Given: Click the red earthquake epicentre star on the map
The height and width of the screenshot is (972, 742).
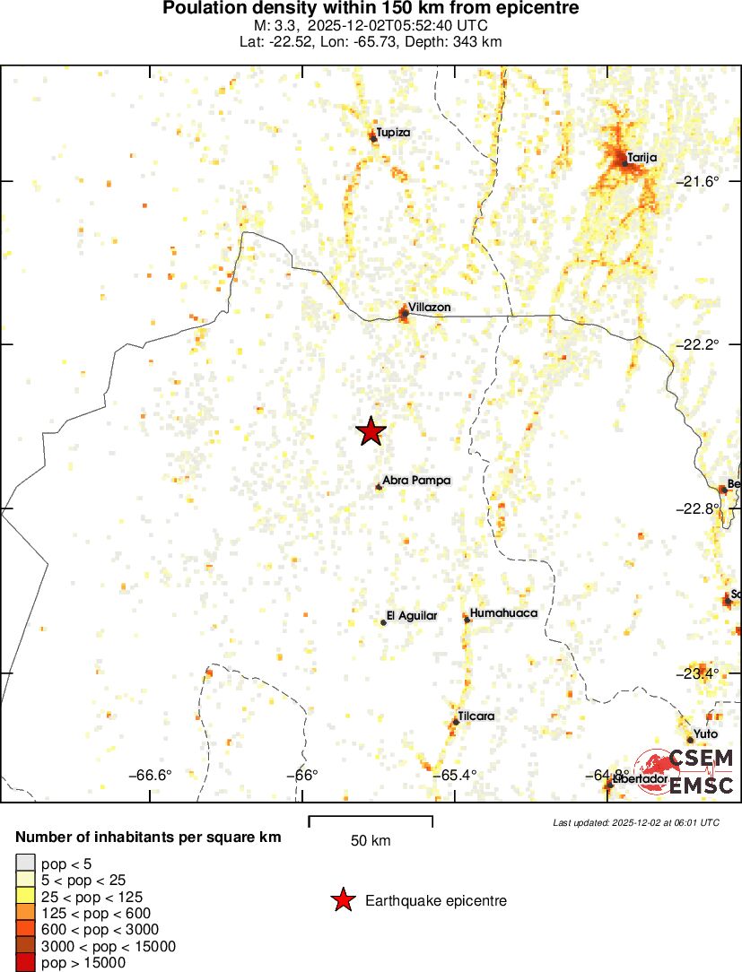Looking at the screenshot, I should click(x=371, y=431).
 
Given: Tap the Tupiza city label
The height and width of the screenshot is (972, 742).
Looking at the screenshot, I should click(x=393, y=133).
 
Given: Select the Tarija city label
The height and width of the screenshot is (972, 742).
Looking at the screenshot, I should click(x=642, y=158).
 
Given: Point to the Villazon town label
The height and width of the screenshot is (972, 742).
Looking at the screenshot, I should click(x=429, y=308).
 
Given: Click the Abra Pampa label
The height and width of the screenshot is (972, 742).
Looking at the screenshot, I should click(x=416, y=481).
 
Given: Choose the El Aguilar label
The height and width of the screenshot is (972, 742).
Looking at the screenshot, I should click(x=412, y=616).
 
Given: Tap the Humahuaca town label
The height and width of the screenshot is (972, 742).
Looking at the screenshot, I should click(x=503, y=613).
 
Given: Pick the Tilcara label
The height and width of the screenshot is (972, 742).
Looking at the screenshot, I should click(x=476, y=716).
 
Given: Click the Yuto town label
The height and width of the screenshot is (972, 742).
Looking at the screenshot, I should click(x=706, y=733).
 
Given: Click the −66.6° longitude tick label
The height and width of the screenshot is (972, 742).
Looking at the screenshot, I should click(x=151, y=776).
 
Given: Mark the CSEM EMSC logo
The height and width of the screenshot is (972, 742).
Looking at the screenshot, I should click(x=687, y=772).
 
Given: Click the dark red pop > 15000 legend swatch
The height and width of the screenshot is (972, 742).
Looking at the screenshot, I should click(x=26, y=963).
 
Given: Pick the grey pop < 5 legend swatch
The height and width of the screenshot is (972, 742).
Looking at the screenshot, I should click(x=26, y=863).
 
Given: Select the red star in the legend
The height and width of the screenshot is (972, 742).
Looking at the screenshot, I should click(x=342, y=900).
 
